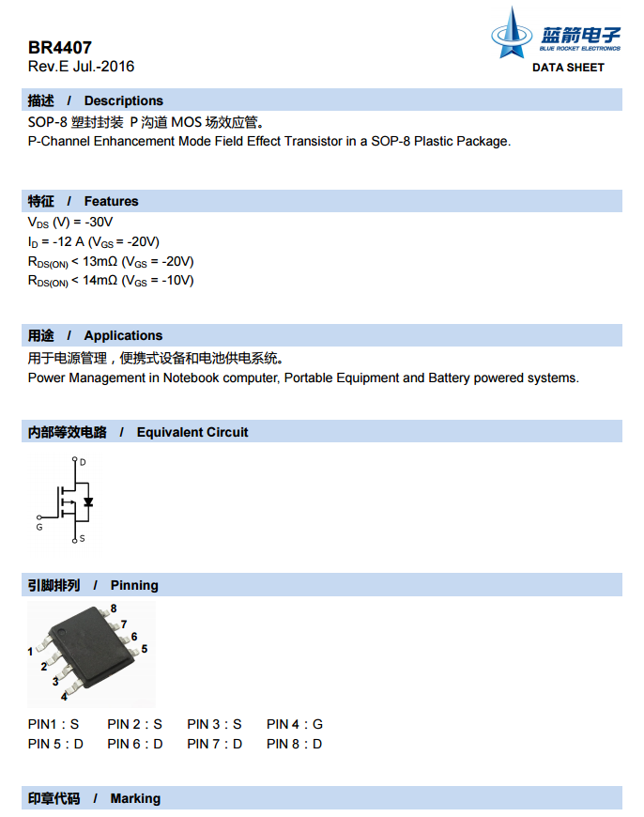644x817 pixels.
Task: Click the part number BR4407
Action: [x=59, y=48]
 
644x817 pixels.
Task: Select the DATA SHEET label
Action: [x=568, y=68]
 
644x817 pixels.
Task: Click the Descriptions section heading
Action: [x=123, y=100]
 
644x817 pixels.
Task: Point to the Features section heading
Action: [x=111, y=201]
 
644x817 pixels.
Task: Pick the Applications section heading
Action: [x=123, y=335]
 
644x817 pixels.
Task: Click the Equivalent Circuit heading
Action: [x=192, y=432]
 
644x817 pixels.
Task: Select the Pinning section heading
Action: [x=134, y=585]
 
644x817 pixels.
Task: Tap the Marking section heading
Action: [x=135, y=798]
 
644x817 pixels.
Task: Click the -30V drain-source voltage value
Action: [x=99, y=222]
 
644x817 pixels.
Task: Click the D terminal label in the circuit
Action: [x=83, y=462]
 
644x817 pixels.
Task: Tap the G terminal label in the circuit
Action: [x=38, y=528]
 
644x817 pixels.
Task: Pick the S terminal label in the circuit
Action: [x=83, y=538]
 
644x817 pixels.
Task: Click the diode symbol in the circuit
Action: [x=88, y=501]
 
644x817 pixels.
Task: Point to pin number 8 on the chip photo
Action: [x=114, y=609]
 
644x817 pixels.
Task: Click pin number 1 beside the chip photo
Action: [x=31, y=651]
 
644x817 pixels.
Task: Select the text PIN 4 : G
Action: [x=294, y=724]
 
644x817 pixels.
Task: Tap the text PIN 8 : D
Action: [x=294, y=744]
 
